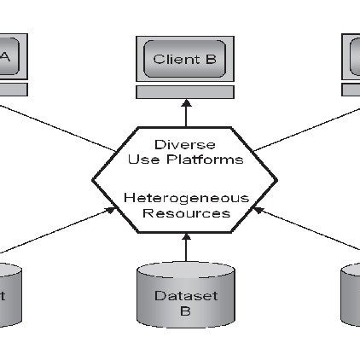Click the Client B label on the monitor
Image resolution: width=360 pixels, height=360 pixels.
pyautogui.click(x=185, y=59)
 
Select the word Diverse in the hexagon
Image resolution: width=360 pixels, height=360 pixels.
pyautogui.click(x=185, y=144)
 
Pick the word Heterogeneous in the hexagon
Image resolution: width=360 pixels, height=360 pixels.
pyautogui.click(x=185, y=198)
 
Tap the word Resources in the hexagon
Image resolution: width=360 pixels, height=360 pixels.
pyautogui.click(x=185, y=212)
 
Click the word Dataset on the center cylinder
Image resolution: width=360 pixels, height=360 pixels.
pyautogui.click(x=185, y=296)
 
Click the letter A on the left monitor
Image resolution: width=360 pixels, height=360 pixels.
pyautogui.click(x=6, y=57)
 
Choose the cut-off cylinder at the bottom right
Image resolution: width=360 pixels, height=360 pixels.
pyautogui.click(x=351, y=294)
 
